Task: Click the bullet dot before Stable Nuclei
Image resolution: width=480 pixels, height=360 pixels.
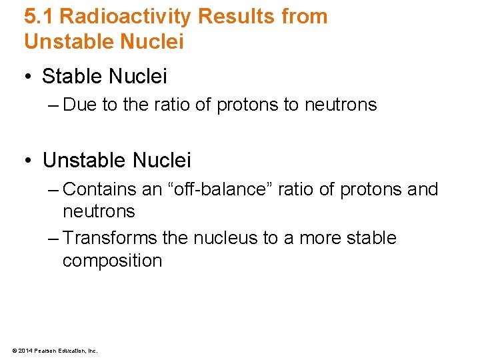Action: click(29, 77)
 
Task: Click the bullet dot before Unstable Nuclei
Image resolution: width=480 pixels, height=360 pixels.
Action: click(29, 161)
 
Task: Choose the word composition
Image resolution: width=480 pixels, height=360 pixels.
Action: click(112, 260)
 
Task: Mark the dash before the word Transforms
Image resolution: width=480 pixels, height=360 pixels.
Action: click(53, 238)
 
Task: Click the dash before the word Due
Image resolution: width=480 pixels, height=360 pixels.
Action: click(53, 105)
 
